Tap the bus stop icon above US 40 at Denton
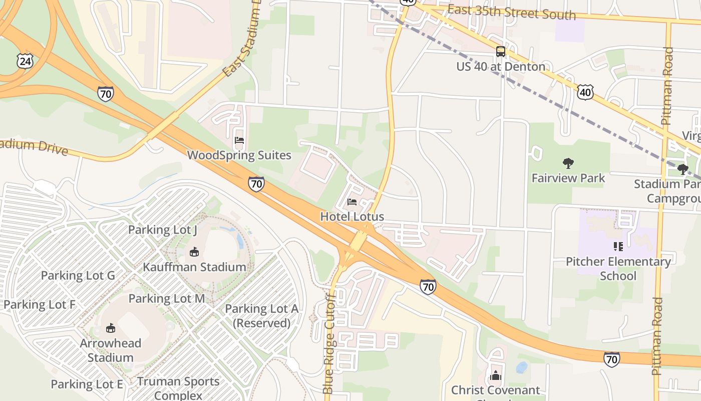(x=500, y=51)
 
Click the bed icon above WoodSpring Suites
(x=239, y=140)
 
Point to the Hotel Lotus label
(x=352, y=217)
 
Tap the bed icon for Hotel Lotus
(x=352, y=202)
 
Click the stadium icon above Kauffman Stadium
(x=194, y=252)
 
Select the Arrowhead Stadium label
(x=110, y=350)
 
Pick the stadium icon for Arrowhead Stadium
(x=110, y=328)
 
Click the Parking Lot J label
(x=163, y=230)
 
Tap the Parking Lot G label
(x=78, y=275)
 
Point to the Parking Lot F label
(x=39, y=304)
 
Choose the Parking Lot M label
(x=167, y=298)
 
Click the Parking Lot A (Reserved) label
(x=262, y=316)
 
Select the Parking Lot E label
(x=87, y=384)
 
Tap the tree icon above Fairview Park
(x=568, y=163)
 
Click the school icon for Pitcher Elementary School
(x=618, y=246)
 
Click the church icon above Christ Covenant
(x=495, y=375)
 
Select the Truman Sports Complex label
(x=178, y=388)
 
